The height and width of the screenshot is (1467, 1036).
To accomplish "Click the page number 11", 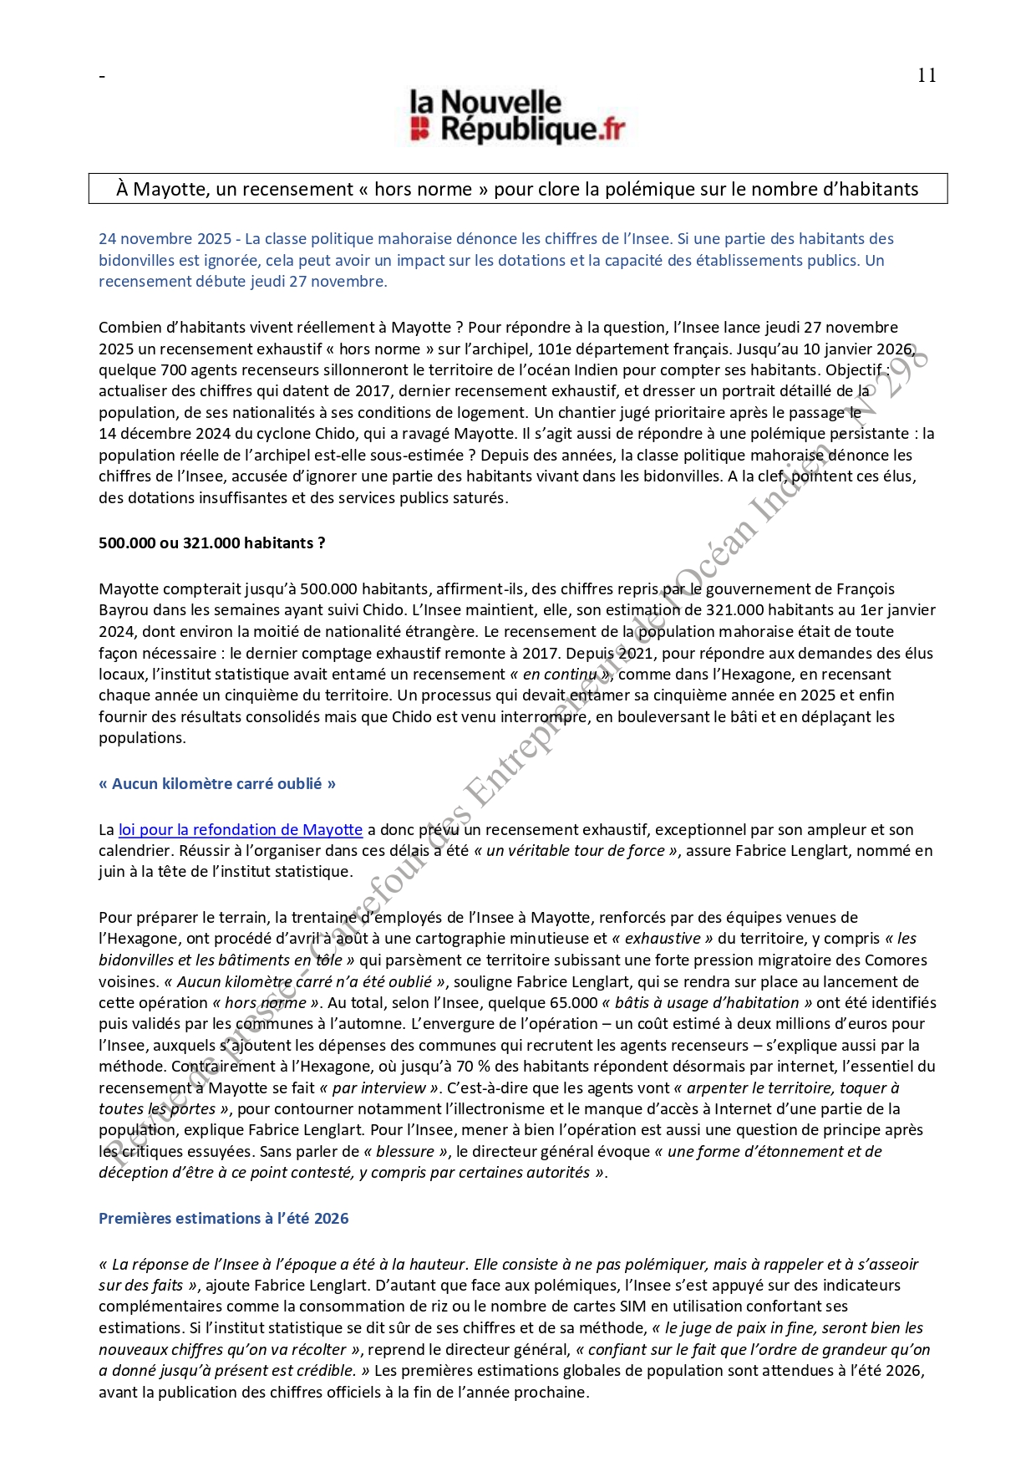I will point(926,75).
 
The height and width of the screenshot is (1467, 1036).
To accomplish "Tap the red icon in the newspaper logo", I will point(419,129).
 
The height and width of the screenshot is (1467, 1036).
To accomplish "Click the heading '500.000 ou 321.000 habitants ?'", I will point(211,543).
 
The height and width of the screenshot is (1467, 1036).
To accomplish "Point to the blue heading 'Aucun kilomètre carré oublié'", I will point(217,784).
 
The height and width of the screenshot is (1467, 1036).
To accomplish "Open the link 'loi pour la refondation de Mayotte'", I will point(241,830).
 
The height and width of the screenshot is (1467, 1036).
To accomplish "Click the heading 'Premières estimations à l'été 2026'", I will point(223,1219).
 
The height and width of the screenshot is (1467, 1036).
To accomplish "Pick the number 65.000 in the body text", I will point(573,1003).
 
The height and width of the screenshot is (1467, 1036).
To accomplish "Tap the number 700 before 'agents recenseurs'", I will point(173,370).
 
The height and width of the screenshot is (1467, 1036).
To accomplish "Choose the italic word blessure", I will point(405,1152).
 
